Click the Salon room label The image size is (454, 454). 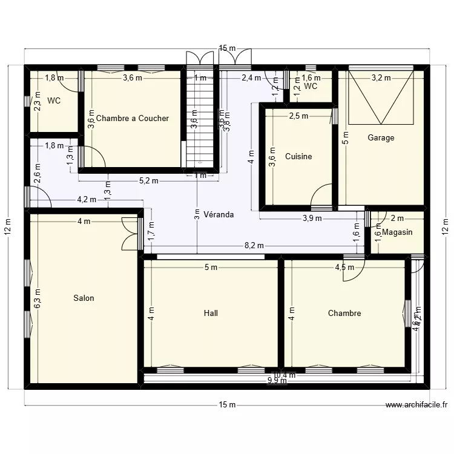click(84, 298)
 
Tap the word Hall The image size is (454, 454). click(211, 313)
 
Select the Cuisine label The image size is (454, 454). click(298, 156)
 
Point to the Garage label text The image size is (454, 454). click(381, 137)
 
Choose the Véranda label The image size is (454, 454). click(219, 214)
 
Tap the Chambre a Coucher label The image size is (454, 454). click(132, 118)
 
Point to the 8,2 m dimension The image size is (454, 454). click(254, 245)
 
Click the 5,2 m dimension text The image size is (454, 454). click(148, 180)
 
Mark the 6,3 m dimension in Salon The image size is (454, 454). click(38, 298)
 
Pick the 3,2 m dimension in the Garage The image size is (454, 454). click(381, 77)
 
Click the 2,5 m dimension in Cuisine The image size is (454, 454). click(298, 116)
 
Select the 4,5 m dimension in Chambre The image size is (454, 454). click(344, 267)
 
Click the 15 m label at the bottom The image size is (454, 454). click(228, 405)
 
